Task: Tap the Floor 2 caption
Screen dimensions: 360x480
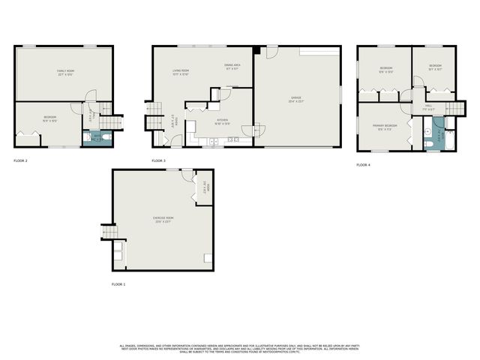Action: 20,160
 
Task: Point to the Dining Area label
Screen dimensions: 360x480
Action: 232,67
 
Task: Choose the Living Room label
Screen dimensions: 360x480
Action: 180,72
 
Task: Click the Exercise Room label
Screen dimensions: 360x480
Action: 163,220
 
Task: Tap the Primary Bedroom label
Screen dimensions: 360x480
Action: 384,127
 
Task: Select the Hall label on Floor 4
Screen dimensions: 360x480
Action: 428,107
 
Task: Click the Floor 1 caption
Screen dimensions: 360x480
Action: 118,284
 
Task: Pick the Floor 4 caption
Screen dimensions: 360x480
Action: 363,163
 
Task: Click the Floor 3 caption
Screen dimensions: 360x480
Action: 158,160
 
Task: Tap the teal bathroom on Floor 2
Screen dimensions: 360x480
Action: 95,138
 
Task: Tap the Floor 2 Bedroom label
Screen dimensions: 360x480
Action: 49,118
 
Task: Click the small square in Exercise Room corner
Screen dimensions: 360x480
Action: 207,258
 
